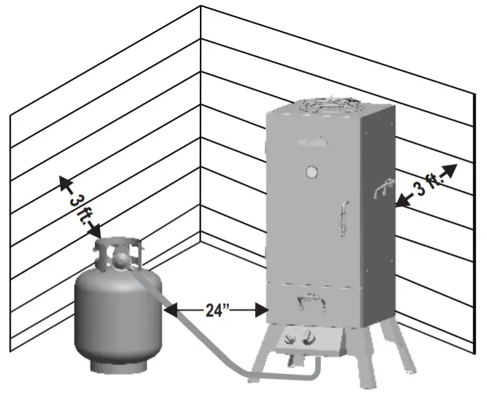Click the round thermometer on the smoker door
point(311,172)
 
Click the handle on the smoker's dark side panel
point(381,188)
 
